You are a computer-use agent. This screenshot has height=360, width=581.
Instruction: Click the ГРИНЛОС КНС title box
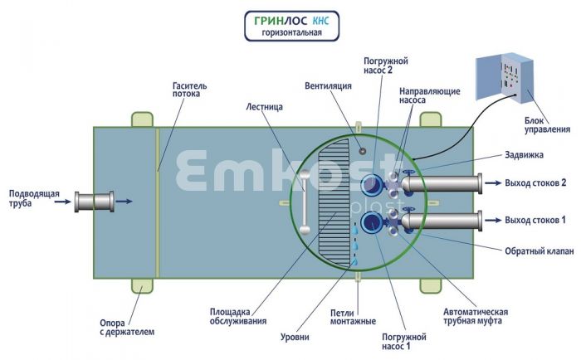click(290, 26)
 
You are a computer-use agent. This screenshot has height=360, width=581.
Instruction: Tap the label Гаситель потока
click(195, 89)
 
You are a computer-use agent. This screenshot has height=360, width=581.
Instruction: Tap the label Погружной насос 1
click(403, 342)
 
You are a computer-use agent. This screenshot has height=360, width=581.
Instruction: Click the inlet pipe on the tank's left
click(92, 201)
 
